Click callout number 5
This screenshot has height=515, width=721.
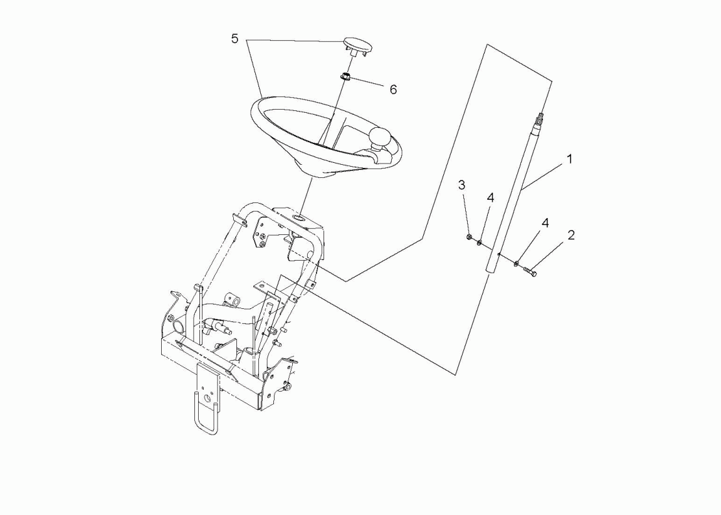point(235,39)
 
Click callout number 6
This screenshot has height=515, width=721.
point(393,90)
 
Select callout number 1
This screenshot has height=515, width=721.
point(570,159)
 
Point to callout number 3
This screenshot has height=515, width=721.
point(461,185)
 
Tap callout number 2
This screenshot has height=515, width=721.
point(571,235)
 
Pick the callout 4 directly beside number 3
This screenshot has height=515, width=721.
point(490,198)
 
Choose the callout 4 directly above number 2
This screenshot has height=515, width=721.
point(545,223)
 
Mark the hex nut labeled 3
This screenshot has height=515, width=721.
point(468,237)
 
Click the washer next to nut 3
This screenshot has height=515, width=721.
point(479,242)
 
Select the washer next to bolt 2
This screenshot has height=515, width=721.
point(517,263)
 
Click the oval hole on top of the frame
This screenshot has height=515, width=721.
point(298,219)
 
